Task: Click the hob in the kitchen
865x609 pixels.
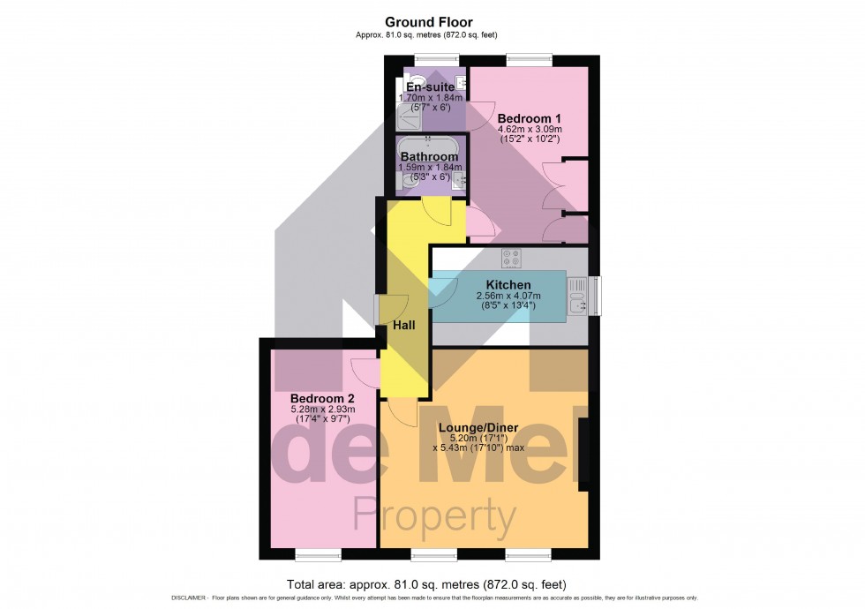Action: pos(510,258)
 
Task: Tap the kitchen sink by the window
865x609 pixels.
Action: pos(578,295)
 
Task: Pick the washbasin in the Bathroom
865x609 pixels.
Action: pos(458,181)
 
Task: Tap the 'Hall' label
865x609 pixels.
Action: pos(404,326)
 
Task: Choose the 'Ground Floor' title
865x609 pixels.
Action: pos(428,22)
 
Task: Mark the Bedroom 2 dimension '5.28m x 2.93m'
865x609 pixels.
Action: pos(323,410)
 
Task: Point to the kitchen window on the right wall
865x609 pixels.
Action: pos(595,296)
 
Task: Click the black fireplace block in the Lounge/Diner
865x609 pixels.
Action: pos(583,455)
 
